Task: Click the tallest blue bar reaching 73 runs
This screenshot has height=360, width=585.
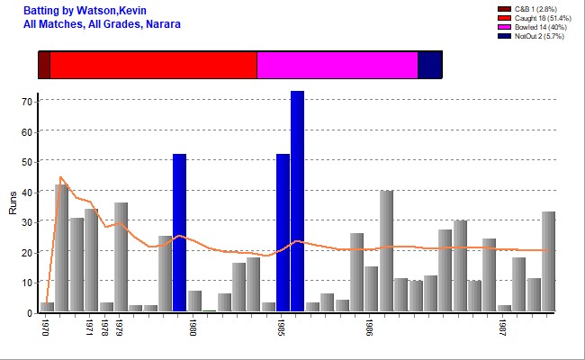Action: [297, 202]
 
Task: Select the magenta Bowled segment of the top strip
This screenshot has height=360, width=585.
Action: [337, 66]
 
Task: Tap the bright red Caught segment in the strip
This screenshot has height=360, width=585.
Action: [153, 66]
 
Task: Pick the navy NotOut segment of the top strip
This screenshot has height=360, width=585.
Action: [429, 66]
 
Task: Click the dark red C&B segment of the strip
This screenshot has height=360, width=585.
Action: [44, 66]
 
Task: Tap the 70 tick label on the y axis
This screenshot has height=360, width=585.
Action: [27, 101]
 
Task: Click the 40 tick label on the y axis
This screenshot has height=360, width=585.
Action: [27, 192]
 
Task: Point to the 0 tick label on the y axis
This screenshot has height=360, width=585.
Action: [30, 312]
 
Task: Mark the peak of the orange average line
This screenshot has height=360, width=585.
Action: [60, 176]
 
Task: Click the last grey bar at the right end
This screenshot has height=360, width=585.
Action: [548, 262]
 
